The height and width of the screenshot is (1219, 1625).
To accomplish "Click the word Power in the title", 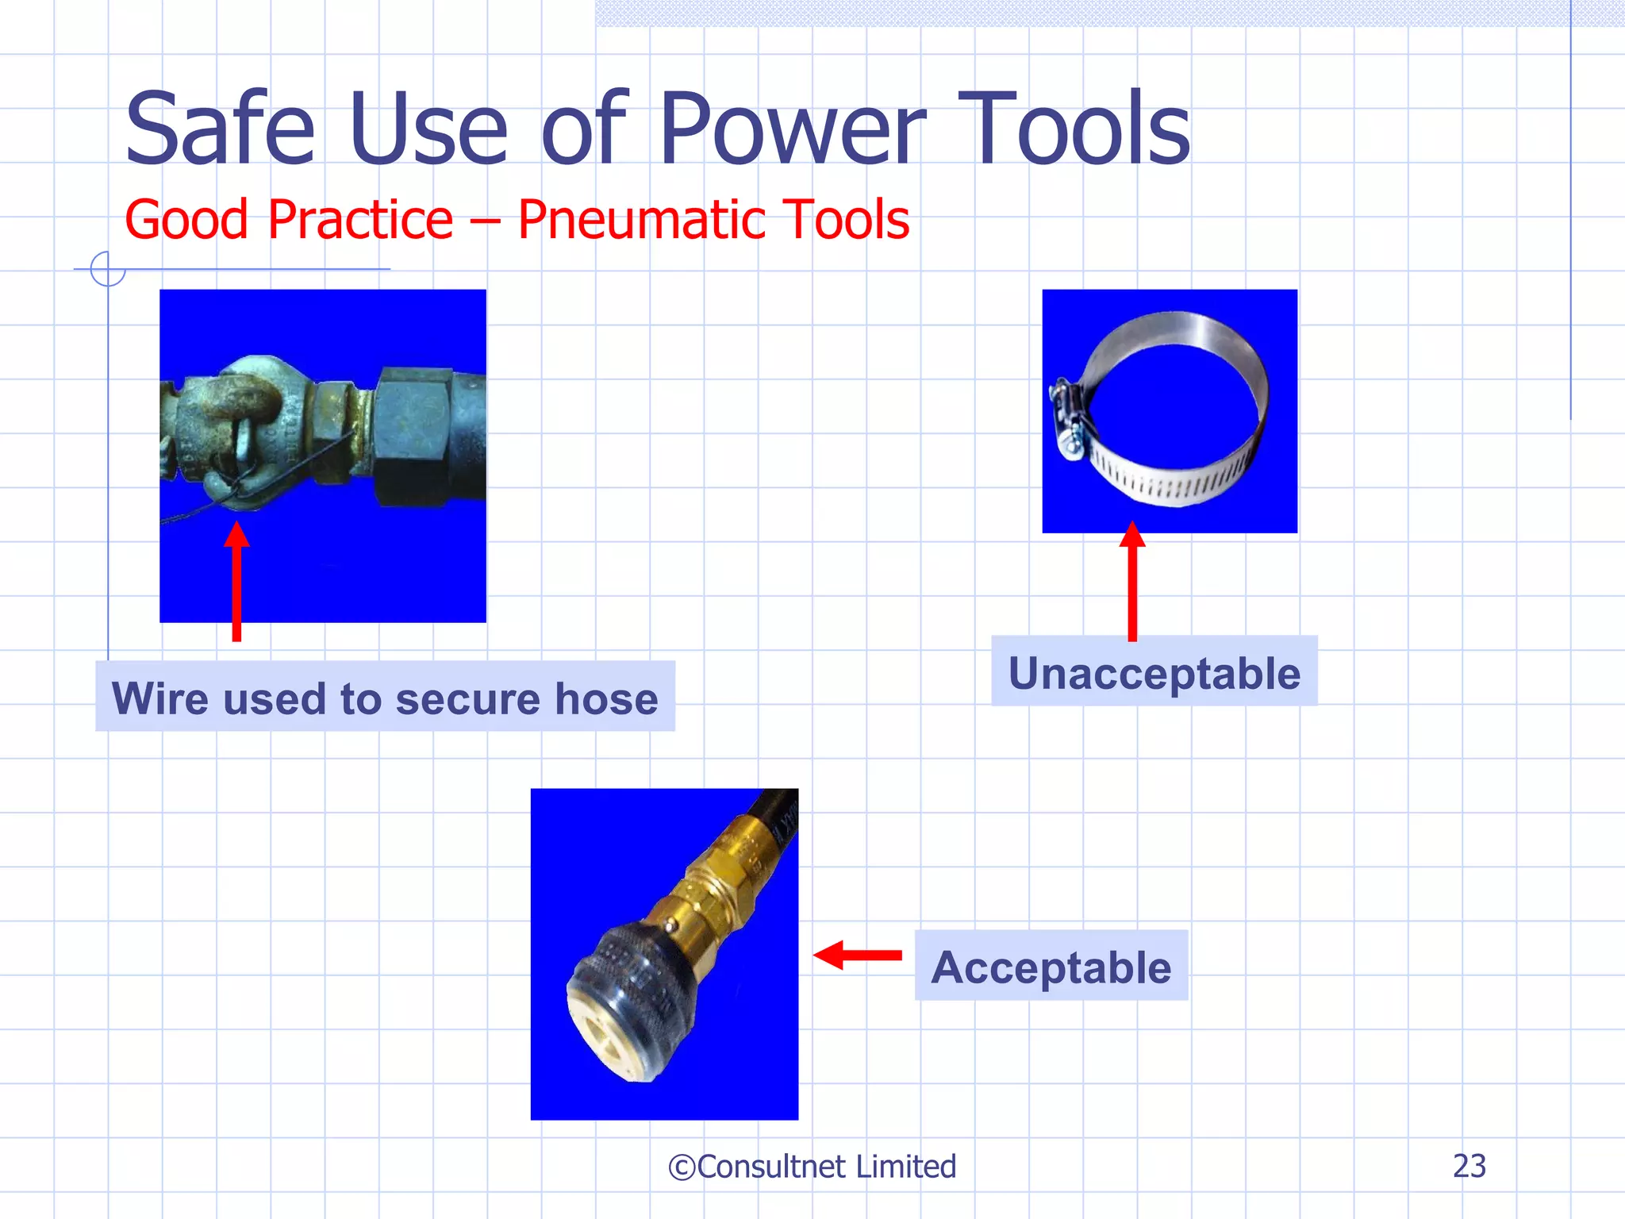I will click(792, 129).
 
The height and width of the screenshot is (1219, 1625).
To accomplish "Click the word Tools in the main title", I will click(1075, 129).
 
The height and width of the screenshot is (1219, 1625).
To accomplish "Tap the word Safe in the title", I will click(220, 129).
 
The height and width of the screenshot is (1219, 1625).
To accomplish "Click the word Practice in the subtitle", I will click(360, 220).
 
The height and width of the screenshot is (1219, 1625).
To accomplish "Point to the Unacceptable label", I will click(1154, 673).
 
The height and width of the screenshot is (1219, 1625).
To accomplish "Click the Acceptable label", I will click(1051, 967).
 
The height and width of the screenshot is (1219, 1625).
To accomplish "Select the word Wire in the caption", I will click(162, 698).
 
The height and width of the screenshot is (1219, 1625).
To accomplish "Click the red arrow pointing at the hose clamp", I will click(1132, 583).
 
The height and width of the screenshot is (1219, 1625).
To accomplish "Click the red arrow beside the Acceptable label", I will click(858, 955).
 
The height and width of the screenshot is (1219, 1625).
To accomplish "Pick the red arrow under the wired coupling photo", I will click(236, 583).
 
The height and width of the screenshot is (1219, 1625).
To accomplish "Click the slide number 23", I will click(1469, 1166).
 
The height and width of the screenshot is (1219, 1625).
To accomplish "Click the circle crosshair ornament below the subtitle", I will click(108, 269).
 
